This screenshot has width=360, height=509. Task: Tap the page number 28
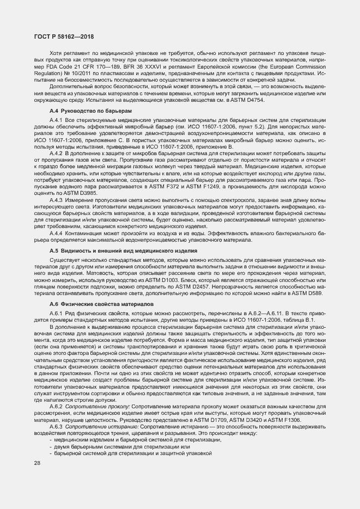[x=37, y=463]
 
